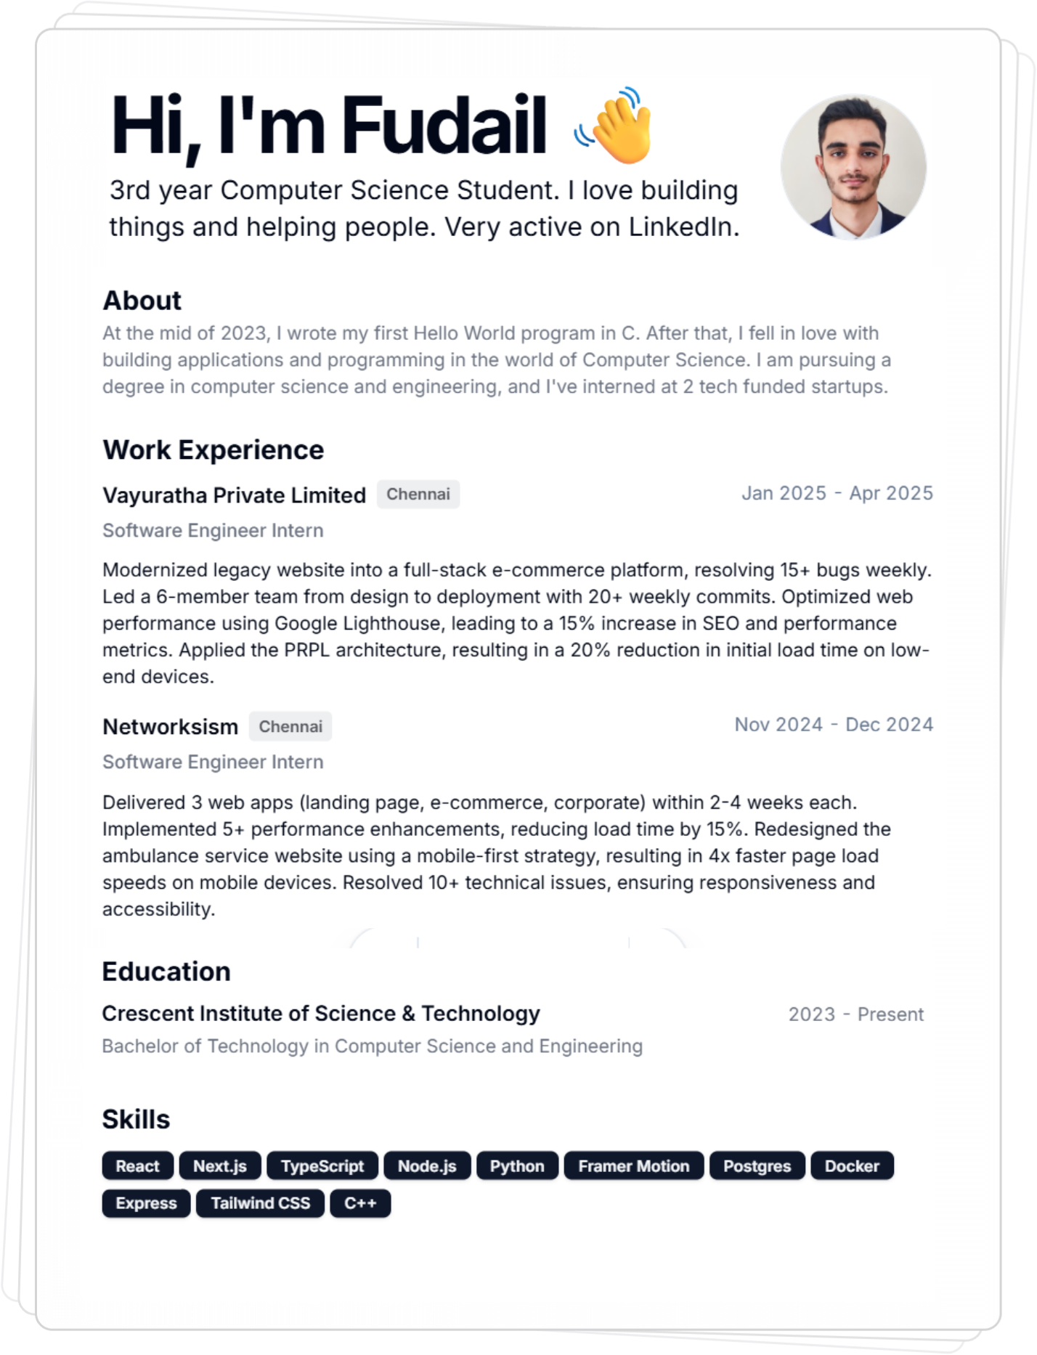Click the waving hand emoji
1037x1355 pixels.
[x=616, y=126]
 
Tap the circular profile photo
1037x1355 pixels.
[x=853, y=167]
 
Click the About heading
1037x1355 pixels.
[x=142, y=301]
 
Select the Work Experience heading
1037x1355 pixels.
[x=213, y=450]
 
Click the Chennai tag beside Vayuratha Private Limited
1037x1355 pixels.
[x=418, y=495]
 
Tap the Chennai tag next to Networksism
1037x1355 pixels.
[x=290, y=727]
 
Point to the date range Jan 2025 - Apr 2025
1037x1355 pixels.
[x=837, y=493]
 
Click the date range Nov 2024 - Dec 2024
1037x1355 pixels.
[x=834, y=725]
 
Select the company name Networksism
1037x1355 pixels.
[x=170, y=727]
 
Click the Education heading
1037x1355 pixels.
[x=166, y=972]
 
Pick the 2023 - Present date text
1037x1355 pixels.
[x=855, y=1014]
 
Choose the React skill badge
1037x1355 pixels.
[x=137, y=1166]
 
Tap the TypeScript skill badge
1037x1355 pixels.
[x=322, y=1166]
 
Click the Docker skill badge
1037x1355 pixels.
[x=852, y=1166]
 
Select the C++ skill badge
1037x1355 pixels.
[x=360, y=1203]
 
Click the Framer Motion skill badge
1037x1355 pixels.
[x=633, y=1166]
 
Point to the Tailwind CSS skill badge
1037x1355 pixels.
[x=260, y=1203]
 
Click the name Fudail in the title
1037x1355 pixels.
[x=444, y=126]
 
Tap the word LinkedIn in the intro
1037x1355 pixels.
[x=683, y=227]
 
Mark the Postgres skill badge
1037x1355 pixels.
[x=757, y=1166]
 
